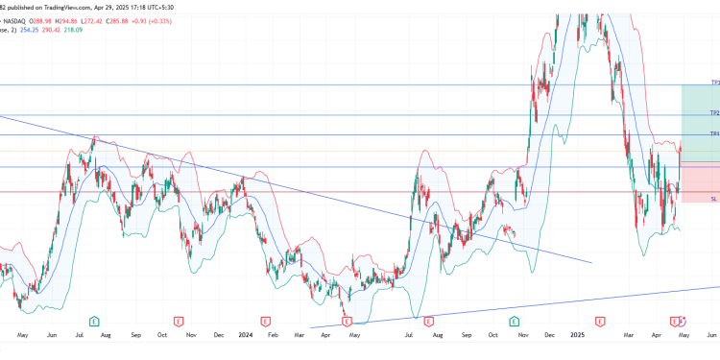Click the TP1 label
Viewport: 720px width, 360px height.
714,134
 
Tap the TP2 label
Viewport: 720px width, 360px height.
714,113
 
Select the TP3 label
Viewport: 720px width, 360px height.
714,83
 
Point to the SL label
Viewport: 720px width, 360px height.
714,199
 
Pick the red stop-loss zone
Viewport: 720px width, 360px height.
699,181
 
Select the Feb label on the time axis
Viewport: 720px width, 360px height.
275,336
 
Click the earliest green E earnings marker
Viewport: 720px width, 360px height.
94,320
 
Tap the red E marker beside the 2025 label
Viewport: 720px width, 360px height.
600,320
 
